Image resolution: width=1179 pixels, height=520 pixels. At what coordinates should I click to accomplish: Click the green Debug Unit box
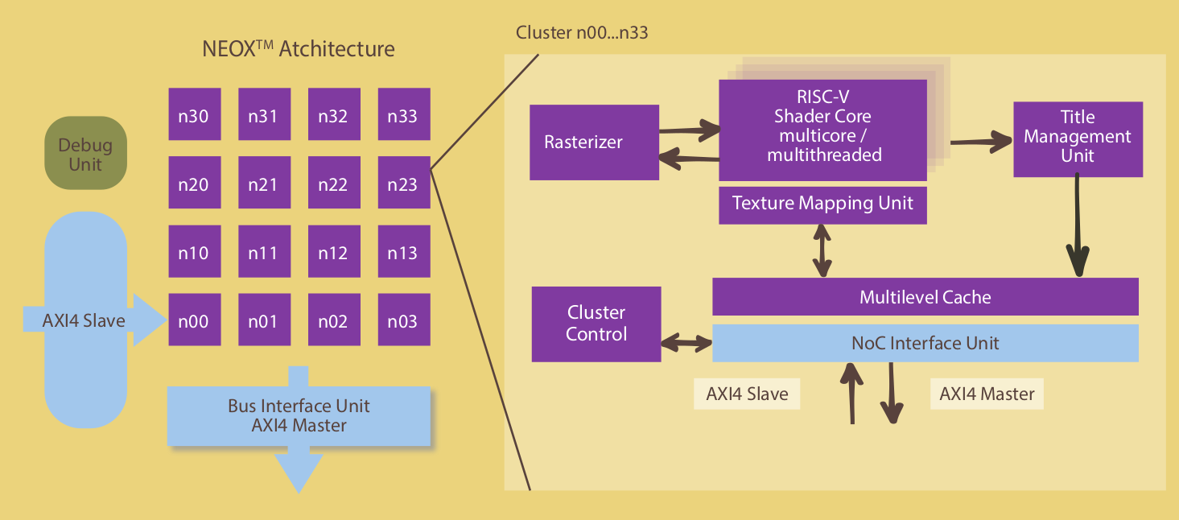coord(86,153)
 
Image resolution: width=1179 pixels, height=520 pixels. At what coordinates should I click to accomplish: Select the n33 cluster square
coord(404,114)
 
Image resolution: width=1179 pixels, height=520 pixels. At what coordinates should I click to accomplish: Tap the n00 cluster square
coord(195,320)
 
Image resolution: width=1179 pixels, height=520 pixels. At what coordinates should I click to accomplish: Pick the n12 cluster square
coord(334,251)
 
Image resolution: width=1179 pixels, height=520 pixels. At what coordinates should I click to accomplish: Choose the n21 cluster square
coord(264,182)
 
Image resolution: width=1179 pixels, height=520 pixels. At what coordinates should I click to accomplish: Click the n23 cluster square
coord(404,182)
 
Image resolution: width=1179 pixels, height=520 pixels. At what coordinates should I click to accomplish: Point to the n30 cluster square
coord(195,114)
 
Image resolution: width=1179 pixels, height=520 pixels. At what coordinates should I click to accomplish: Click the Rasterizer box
coord(594,142)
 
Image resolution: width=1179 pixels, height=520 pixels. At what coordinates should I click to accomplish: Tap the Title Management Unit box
coord(1078,139)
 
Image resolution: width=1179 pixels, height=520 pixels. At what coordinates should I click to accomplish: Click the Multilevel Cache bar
coord(925,297)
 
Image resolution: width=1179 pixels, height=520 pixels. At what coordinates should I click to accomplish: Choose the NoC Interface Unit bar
coord(925,343)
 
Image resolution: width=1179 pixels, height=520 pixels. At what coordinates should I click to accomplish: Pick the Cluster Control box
coord(596,324)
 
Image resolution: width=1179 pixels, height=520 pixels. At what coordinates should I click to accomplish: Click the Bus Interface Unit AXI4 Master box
coord(299,416)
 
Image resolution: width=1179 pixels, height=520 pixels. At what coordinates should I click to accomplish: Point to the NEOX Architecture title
coord(299,49)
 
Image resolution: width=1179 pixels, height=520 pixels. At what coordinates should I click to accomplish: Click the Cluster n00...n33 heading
coord(582,33)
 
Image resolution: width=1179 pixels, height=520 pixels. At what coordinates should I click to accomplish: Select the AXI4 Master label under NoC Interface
coord(987,394)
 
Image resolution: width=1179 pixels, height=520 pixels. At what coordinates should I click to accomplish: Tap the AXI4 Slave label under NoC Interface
coord(747,394)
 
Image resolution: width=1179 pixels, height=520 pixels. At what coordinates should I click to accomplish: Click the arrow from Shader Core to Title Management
coord(981,142)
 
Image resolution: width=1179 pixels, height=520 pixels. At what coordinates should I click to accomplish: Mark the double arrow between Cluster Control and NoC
coord(686,344)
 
